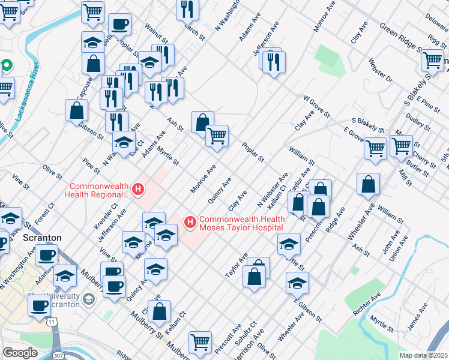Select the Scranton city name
click(x=42, y=238)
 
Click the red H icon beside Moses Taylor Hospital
click(x=191, y=223)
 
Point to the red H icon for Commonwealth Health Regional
click(x=139, y=190)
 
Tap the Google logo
click(x=20, y=353)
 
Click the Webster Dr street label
click(x=381, y=70)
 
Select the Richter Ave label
click(x=367, y=305)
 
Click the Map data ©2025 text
click(x=423, y=355)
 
